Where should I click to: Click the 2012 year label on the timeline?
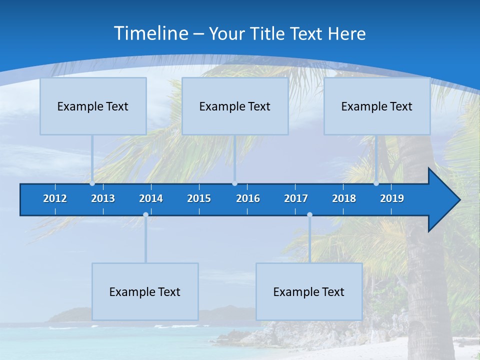(55, 198)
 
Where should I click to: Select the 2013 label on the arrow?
(103, 198)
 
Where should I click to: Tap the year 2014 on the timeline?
(151, 198)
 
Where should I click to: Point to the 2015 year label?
(199, 198)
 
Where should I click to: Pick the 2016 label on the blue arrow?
(248, 198)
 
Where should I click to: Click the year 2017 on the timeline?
(296, 198)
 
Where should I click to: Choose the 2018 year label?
(344, 198)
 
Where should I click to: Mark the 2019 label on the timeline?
(392, 198)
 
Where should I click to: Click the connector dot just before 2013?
(92, 183)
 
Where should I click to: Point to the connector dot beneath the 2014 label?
(145, 215)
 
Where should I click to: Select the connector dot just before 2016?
(234, 183)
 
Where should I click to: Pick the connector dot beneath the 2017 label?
(309, 215)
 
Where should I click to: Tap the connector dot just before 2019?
(376, 183)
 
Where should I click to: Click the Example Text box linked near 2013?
(93, 106)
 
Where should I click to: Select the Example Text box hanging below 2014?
(145, 291)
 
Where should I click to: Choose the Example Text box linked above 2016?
(235, 106)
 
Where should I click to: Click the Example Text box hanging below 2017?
(309, 291)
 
